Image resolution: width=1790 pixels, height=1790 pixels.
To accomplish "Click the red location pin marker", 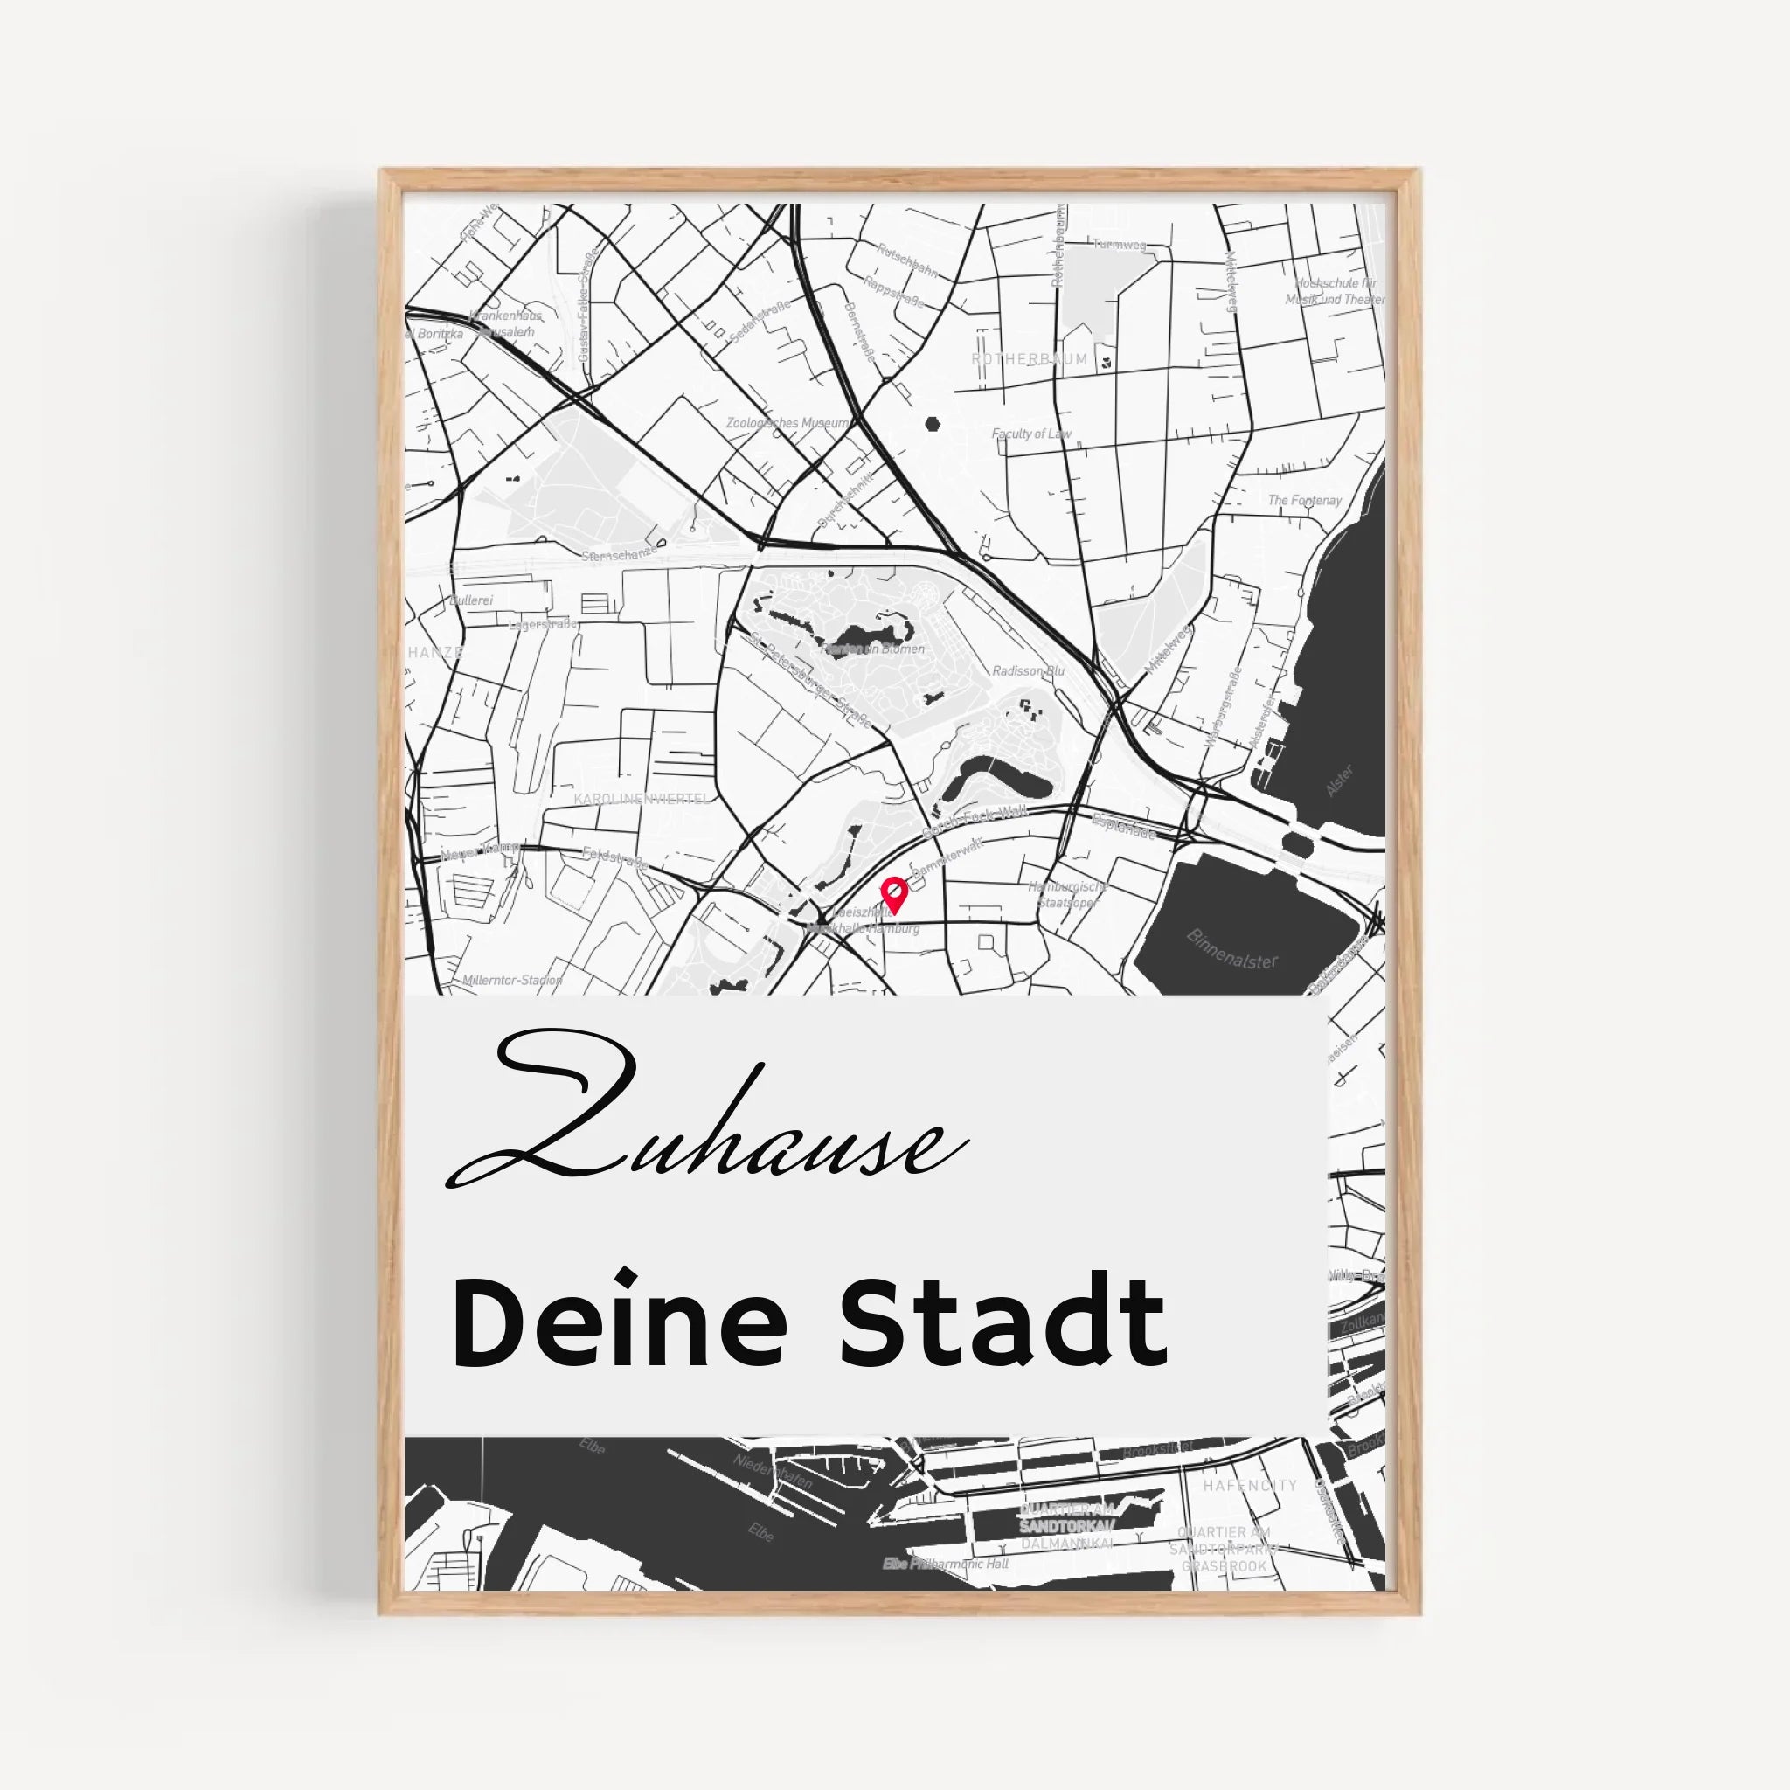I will tap(894, 894).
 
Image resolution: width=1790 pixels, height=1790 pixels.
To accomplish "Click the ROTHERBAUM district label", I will tap(1030, 358).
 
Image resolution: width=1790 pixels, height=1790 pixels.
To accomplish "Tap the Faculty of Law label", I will tap(1031, 434).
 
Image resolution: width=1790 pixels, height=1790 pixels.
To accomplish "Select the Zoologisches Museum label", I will tap(787, 423).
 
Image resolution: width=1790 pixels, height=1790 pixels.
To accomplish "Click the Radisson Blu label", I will tap(1029, 670).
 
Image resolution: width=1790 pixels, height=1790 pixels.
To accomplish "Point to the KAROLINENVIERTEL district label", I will tap(642, 799).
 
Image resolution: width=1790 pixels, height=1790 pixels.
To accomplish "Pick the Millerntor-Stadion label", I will tap(512, 981).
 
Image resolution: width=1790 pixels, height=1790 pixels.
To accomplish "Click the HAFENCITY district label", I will tap(1250, 1485).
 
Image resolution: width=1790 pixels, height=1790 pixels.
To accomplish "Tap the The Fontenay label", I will tap(1305, 500).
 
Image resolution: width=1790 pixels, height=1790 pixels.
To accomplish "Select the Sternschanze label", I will tap(619, 555).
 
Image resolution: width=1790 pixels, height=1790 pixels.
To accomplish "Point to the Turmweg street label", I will tap(1120, 245).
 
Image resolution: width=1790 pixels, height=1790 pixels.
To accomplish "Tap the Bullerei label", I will tap(472, 600).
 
